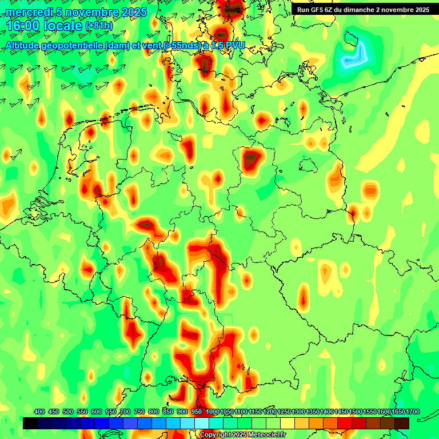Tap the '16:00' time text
(x=23, y=26)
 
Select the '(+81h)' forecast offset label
(x=99, y=26)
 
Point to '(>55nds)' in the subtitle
(x=178, y=46)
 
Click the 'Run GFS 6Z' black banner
(x=363, y=10)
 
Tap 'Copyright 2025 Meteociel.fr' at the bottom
(x=242, y=434)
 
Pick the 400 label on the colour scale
(x=39, y=412)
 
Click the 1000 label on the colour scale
(x=212, y=412)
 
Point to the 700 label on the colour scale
(x=125, y=412)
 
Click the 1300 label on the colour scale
(x=298, y=412)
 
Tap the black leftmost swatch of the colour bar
(x=30, y=423)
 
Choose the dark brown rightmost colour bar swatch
(x=402, y=423)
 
